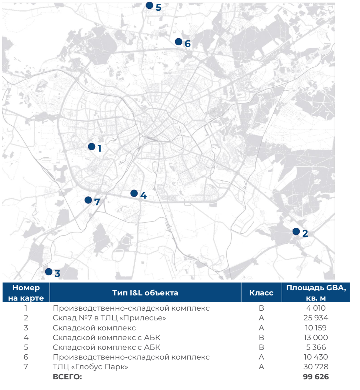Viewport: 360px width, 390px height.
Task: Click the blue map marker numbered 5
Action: coord(150,6)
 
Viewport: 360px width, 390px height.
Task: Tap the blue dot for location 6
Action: coord(178,42)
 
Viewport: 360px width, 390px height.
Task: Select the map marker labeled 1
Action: coord(92,147)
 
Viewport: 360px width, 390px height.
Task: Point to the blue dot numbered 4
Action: coord(134,193)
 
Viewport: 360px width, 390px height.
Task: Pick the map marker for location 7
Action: coord(88,200)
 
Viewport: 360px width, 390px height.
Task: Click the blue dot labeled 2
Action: coord(296,232)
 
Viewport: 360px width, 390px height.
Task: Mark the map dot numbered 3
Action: coord(49,272)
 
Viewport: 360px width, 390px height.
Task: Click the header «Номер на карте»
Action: coord(26,293)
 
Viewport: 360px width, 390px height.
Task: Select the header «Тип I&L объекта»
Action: coord(145,293)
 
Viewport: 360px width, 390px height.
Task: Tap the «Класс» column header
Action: coord(261,293)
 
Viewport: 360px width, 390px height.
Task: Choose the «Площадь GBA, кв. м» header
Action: coord(316,293)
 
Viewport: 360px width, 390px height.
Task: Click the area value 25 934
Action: coord(316,318)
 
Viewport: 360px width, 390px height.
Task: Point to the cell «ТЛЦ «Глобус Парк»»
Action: coord(90,367)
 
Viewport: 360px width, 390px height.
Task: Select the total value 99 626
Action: coord(316,377)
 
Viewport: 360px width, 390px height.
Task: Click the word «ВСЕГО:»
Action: coord(67,377)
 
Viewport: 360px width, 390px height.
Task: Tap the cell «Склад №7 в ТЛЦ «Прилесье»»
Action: coord(109,318)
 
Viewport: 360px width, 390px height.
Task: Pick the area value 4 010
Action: coord(316,308)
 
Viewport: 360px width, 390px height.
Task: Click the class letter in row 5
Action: coord(261,348)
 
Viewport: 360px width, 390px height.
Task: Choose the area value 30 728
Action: coord(316,367)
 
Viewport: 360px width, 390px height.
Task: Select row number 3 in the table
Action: coord(26,328)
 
